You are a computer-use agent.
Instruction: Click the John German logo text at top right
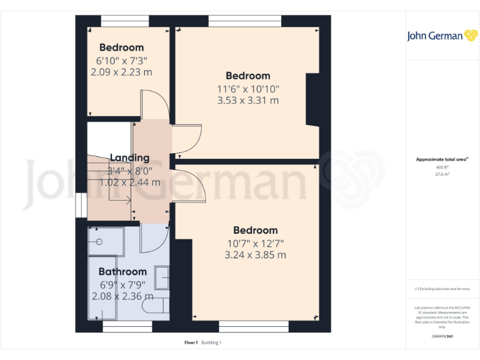pos(436,36)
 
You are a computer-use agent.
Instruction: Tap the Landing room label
pos(129,157)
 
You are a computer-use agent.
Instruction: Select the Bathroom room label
pos(122,272)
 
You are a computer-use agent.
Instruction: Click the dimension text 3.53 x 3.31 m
pos(247,100)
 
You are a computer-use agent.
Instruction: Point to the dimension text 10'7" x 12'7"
pos(255,242)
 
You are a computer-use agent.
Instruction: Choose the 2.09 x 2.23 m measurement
pos(121,72)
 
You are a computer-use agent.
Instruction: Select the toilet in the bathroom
pos(155,307)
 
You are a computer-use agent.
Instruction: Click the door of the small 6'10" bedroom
pos(152,105)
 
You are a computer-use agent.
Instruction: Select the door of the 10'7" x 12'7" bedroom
pos(191,187)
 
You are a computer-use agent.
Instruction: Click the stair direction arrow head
pos(129,201)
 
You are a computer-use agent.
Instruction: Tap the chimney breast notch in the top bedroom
pos(312,100)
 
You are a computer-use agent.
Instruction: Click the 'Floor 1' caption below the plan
pos(191,342)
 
